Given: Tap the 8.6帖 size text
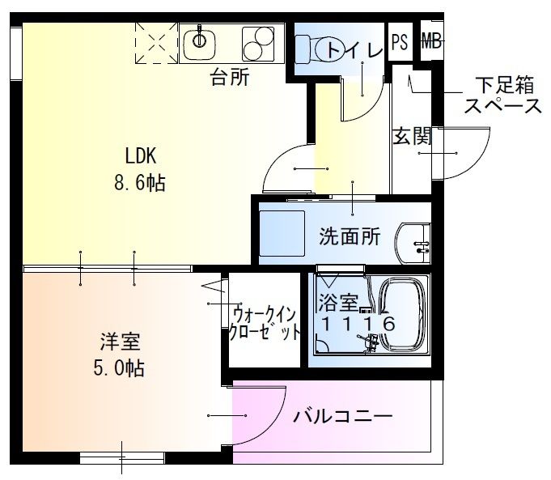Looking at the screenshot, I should (139, 184).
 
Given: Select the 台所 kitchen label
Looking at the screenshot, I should (230, 78).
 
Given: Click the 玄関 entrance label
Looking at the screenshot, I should (413, 136).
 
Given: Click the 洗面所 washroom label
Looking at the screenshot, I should (350, 237).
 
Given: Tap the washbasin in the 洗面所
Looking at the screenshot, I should (416, 240).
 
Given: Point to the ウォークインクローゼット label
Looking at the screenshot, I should (266, 323).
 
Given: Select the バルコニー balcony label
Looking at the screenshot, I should (342, 417).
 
